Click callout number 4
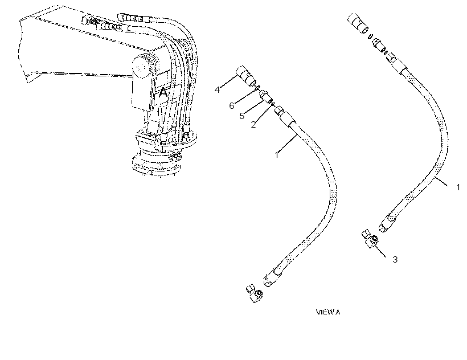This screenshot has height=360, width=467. pyautogui.click(x=217, y=89)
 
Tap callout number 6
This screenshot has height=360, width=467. pyautogui.click(x=231, y=105)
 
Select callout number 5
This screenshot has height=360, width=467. pyautogui.click(x=242, y=116)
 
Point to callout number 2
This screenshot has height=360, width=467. pyautogui.click(x=253, y=125)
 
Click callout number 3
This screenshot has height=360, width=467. pyautogui.click(x=395, y=259)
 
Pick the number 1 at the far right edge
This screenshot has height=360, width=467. pyautogui.click(x=458, y=187)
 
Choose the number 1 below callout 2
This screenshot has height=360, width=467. pyautogui.click(x=277, y=155)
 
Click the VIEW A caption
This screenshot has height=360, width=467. pyautogui.click(x=328, y=312)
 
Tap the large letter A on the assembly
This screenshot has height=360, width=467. pyautogui.click(x=163, y=92)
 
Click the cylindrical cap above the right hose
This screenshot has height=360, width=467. pyautogui.click(x=358, y=23)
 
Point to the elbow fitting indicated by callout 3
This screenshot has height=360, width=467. pyautogui.click(x=370, y=239)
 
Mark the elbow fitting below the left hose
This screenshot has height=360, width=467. pyautogui.click(x=255, y=294)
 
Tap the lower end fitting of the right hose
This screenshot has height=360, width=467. pyautogui.click(x=387, y=223)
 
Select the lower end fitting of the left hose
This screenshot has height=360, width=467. pyautogui.click(x=272, y=277)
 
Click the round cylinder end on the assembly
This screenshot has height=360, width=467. pyautogui.click(x=141, y=67)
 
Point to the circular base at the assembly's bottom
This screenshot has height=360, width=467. pyautogui.click(x=157, y=163)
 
